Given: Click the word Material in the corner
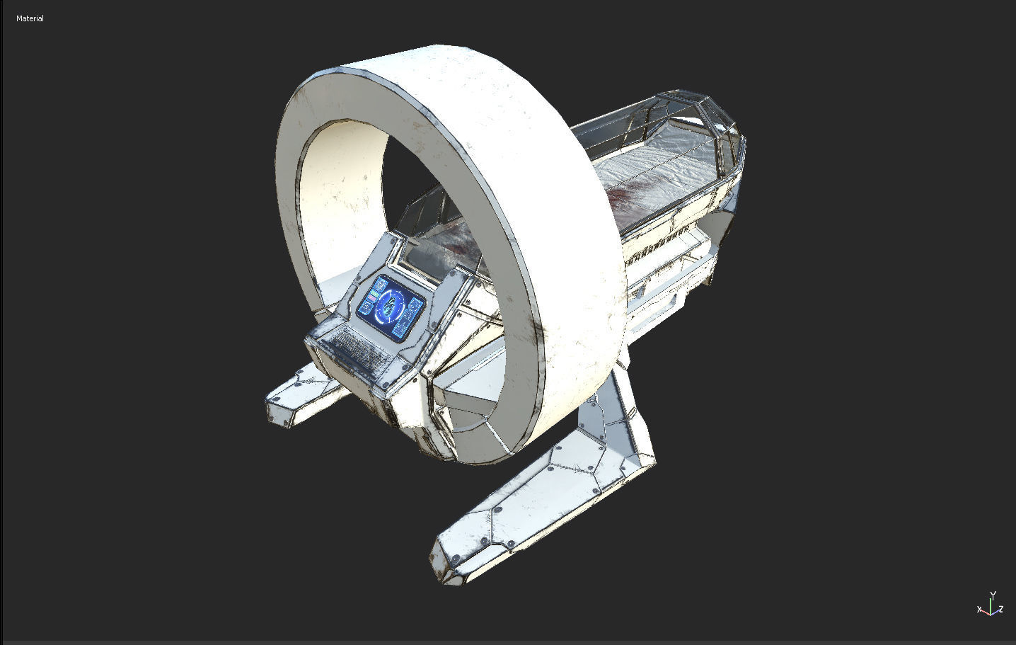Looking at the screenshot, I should click(x=30, y=18).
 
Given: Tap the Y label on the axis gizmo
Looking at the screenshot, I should click(x=993, y=595).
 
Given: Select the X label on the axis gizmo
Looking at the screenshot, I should click(x=980, y=610).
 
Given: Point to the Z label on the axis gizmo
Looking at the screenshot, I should click(x=1000, y=610).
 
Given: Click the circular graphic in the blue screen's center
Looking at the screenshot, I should click(x=389, y=306).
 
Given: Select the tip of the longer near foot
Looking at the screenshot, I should click(x=442, y=563).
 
